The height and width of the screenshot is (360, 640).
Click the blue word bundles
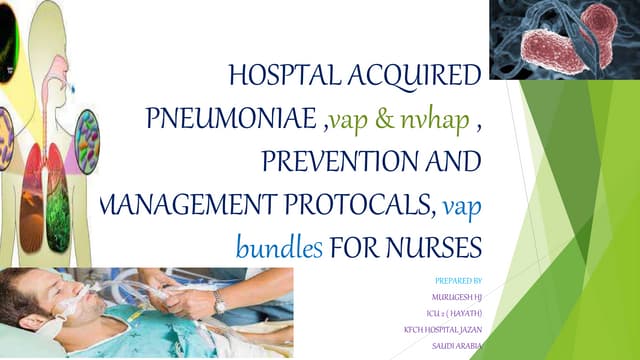tap(279, 247)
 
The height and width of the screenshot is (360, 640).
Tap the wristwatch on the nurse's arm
tap(219, 300)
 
